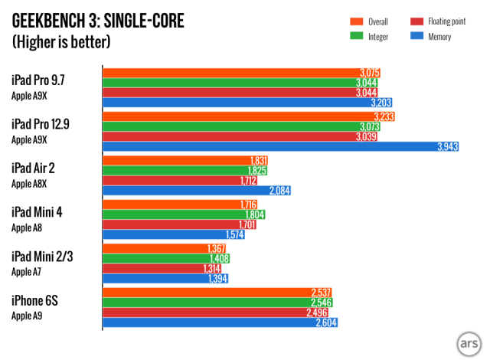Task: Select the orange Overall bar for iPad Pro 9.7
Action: pos(241,73)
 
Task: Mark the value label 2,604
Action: pos(325,322)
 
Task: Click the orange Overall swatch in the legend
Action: pos(356,21)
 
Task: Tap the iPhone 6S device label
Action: pos(35,301)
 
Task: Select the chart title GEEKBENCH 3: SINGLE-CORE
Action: pos(98,21)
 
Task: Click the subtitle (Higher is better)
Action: pos(61,41)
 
